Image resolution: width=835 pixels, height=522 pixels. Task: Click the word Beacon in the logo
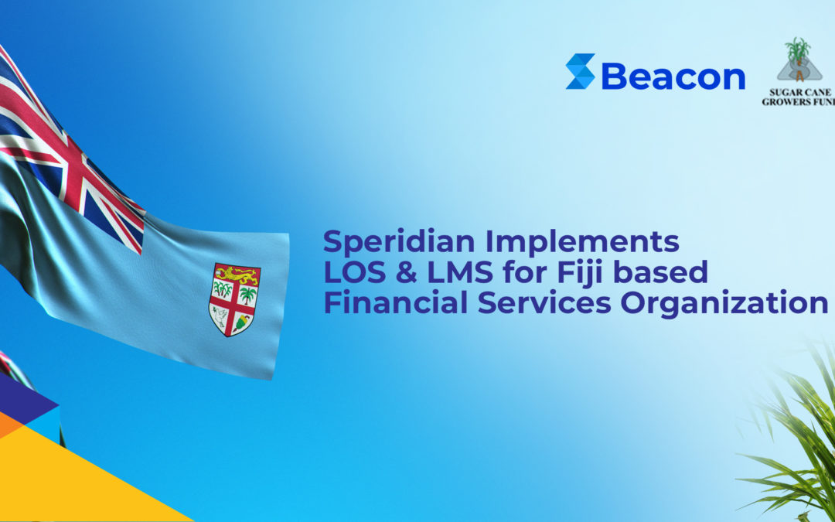[673, 77]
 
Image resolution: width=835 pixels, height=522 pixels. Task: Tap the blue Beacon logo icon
[580, 71]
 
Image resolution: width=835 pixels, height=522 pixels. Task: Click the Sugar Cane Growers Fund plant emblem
[799, 59]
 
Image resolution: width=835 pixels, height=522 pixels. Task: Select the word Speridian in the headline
[399, 241]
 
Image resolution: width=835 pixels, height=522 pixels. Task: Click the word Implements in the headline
[581, 241]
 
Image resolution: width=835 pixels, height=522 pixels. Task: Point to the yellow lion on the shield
[237, 275]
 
